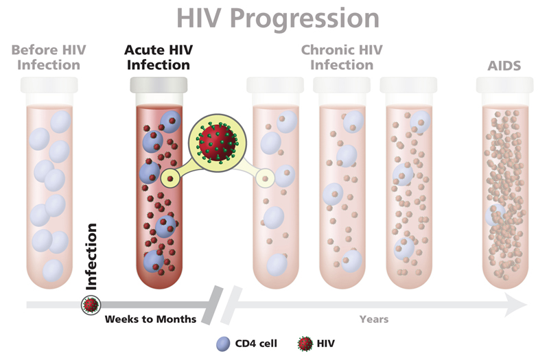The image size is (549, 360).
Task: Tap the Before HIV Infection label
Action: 46,58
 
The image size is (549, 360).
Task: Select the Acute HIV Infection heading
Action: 157,58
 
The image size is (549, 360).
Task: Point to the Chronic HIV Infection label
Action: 341,58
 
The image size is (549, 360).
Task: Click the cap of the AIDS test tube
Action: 504,86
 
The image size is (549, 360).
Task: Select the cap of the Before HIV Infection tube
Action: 49,85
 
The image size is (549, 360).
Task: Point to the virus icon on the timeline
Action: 91,304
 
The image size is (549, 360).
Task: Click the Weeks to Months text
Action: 150,320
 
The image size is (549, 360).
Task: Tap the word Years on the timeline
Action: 374,320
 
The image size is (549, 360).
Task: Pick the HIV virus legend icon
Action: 304,342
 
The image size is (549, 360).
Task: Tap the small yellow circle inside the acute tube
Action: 170,178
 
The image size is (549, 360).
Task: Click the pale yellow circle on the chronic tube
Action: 264,178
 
